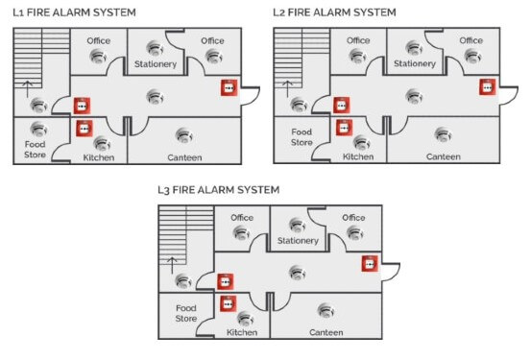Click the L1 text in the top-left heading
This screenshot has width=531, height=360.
pyautogui.click(x=17, y=12)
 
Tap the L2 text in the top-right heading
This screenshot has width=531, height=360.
pyautogui.click(x=279, y=12)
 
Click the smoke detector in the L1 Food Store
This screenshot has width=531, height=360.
pyautogui.click(x=38, y=129)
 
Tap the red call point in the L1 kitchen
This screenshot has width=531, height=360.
pyautogui.click(x=84, y=127)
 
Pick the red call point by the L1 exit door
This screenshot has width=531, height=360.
pyautogui.click(x=229, y=87)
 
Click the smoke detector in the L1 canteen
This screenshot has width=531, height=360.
pyautogui.click(x=181, y=134)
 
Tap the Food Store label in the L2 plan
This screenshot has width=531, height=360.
pyautogui.click(x=302, y=135)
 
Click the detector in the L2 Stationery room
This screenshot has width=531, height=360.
pyautogui.click(x=414, y=47)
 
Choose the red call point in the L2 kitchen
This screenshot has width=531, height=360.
pyautogui.click(x=343, y=126)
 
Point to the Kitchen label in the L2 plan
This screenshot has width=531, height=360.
pyautogui.click(x=358, y=156)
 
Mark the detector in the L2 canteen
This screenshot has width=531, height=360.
pyautogui.click(x=443, y=133)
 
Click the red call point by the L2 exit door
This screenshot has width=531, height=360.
pyautogui.click(x=487, y=87)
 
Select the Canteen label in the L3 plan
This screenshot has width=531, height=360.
pyautogui.click(x=326, y=332)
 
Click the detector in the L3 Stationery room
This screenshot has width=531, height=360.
pyautogui.click(x=297, y=226)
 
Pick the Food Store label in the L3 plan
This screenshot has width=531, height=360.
pyautogui.click(x=185, y=312)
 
